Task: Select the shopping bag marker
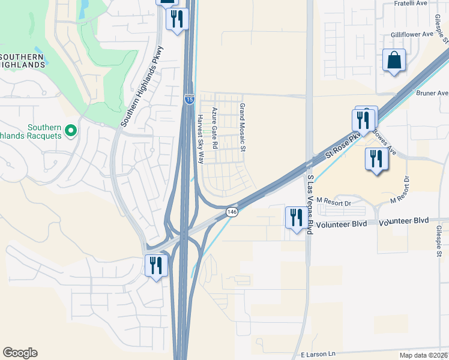393,61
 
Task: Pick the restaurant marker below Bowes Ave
375,160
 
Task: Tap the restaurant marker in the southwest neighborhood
155,265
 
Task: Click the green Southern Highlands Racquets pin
70,130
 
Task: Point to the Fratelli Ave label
410,4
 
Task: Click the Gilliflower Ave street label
411,35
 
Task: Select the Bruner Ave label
434,94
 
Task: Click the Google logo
20,353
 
